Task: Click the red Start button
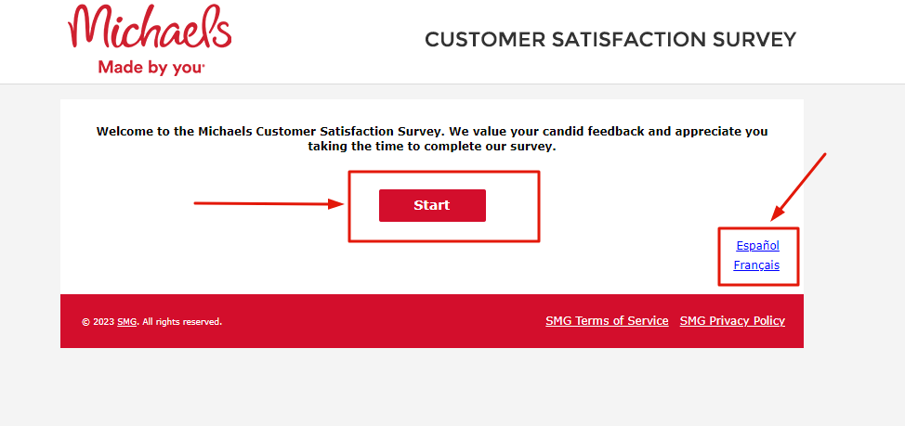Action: point(432,205)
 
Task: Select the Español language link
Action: point(758,246)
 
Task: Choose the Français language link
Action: point(756,265)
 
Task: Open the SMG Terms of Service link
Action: point(607,321)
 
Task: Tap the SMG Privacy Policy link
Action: point(732,321)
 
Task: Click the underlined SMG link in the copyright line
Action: point(127,322)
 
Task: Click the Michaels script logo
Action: point(151,27)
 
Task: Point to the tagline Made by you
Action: point(151,68)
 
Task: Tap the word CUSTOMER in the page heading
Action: point(485,40)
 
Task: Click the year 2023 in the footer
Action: point(103,322)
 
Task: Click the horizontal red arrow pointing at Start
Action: point(269,203)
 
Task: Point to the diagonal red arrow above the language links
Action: point(799,187)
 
